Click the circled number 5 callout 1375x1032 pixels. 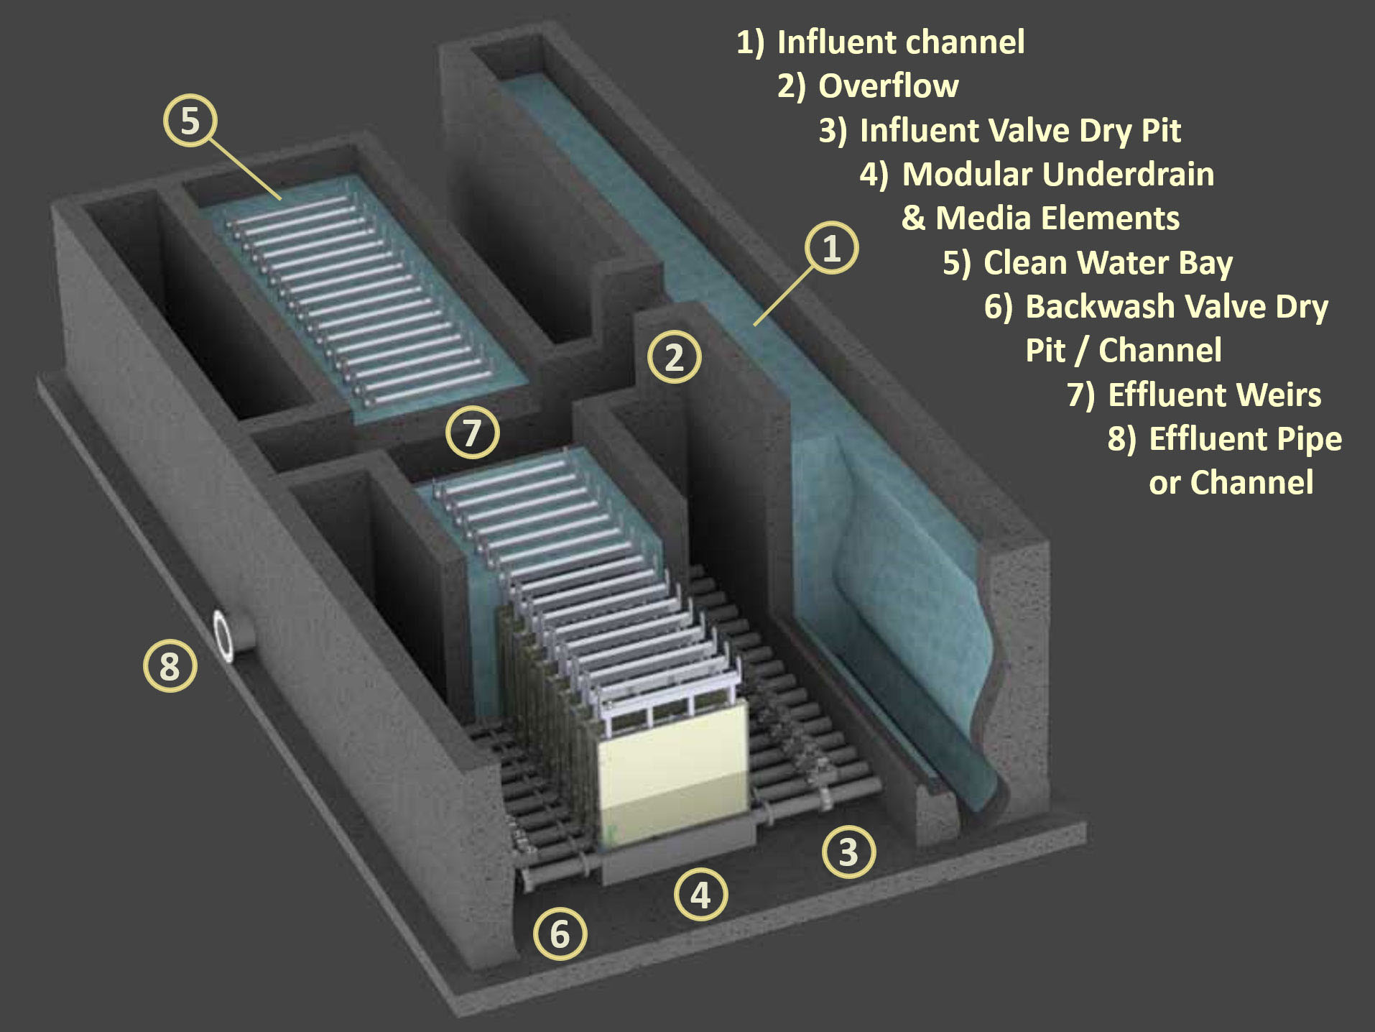(190, 121)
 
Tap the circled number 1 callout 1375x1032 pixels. (831, 248)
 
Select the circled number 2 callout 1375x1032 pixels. (674, 357)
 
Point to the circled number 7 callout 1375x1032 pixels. (472, 433)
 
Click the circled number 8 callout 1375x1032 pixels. (170, 666)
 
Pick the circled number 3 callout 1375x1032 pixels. (848, 852)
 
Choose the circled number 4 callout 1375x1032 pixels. (700, 895)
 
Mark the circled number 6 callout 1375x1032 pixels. (560, 934)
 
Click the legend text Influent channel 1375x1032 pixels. (900, 42)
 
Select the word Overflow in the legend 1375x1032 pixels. (888, 86)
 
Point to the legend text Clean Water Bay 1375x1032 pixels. (1107, 263)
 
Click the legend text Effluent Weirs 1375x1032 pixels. (1214, 395)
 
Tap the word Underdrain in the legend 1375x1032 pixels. (1129, 175)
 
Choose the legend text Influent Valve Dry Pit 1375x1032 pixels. (1019, 131)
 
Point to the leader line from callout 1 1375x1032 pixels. (784, 295)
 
